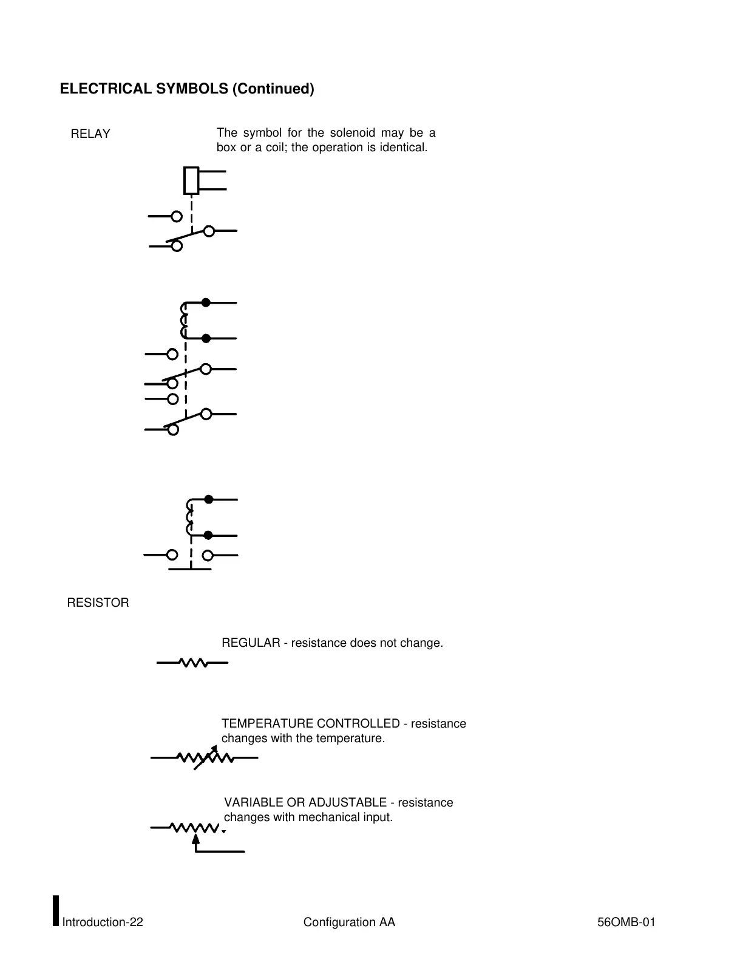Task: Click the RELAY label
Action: [90, 134]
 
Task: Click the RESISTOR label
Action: [98, 603]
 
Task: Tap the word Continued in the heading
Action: [274, 89]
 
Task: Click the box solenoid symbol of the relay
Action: [191, 180]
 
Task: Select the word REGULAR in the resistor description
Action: [251, 643]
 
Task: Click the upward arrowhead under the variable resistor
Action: [195, 839]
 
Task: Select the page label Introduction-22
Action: [103, 923]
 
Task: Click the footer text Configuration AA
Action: [349, 923]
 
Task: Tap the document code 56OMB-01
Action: [626, 923]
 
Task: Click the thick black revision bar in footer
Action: [56, 910]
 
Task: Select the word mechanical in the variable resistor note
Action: [331, 817]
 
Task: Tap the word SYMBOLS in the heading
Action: [192, 89]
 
